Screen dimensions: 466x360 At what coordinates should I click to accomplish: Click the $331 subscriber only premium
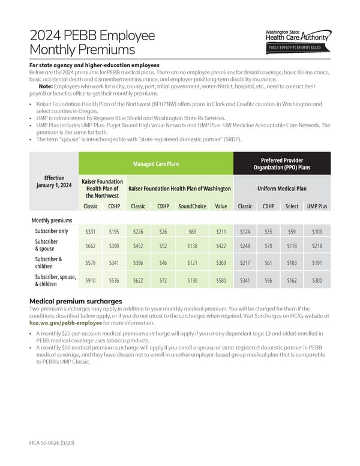91,231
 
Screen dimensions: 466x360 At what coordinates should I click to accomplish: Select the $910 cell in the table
91,280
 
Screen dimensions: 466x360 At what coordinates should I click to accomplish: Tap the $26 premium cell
163,231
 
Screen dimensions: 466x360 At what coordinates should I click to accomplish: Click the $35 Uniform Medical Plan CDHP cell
268,231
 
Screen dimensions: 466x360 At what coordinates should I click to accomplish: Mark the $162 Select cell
292,280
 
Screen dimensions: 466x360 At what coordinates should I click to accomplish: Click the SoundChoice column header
193,206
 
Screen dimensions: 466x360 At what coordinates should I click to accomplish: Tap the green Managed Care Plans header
155,163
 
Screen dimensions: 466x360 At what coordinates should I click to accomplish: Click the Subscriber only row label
52,231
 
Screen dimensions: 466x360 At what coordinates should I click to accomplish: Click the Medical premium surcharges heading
76,301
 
